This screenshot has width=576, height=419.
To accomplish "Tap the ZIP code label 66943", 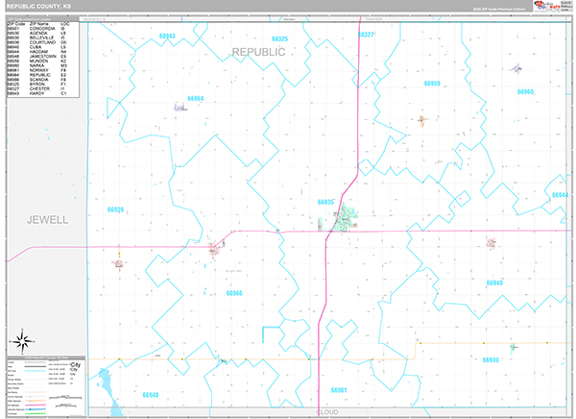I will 168,36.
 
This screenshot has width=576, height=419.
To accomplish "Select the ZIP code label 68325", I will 279,37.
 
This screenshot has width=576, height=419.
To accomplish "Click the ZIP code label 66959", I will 432,85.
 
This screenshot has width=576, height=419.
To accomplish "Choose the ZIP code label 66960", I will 524,92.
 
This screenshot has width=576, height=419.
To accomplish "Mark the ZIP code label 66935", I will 325,202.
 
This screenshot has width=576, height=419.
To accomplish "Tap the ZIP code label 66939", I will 116,209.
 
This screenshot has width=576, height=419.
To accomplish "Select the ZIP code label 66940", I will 494,283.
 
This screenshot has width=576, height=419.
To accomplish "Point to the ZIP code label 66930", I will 491,359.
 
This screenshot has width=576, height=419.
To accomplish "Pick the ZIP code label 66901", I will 338,390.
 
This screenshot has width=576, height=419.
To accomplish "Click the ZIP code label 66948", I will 150,395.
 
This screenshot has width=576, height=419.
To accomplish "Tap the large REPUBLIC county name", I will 258,51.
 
